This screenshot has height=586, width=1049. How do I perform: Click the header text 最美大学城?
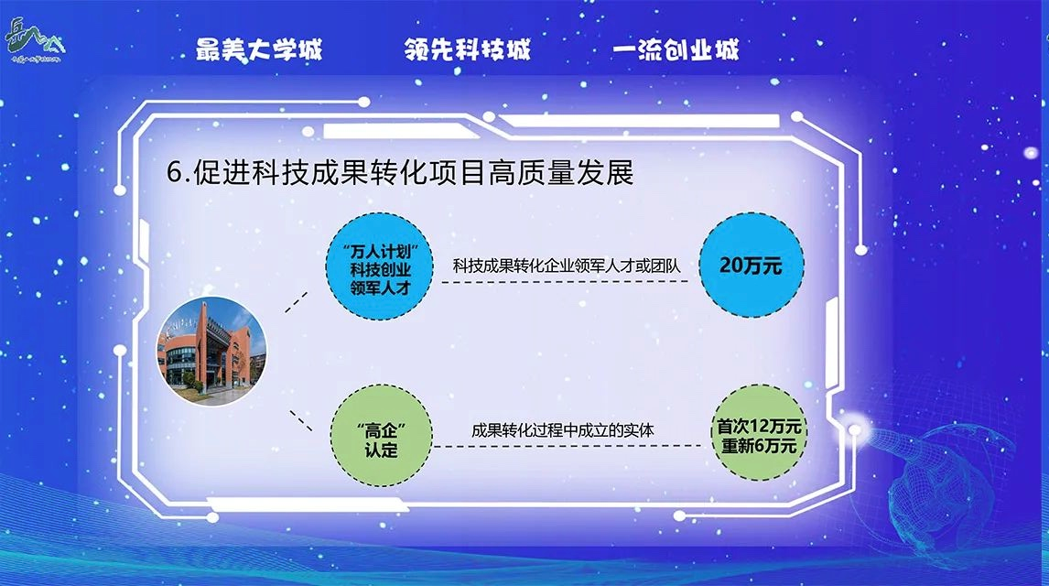259,49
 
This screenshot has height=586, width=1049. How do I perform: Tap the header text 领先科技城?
467,49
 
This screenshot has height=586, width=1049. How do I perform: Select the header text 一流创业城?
676,49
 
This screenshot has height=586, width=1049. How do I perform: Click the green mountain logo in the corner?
34,40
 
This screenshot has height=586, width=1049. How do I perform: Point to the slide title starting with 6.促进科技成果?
400,172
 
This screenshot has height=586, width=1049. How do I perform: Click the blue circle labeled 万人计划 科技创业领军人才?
380,266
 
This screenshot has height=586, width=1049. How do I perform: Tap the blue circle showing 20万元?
752,266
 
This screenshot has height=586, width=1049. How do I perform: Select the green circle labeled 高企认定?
382,436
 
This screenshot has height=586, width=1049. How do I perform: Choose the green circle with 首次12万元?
759,433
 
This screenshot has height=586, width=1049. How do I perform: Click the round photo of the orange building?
211,352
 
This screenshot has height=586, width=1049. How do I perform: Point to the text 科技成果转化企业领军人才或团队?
566,266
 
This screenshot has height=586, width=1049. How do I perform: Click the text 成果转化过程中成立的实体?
563,430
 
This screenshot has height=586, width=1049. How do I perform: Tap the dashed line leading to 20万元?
565,282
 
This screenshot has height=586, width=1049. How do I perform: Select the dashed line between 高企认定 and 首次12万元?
568,446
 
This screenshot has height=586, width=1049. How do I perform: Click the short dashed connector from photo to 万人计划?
296,302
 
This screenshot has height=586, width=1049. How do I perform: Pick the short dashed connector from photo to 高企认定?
301,421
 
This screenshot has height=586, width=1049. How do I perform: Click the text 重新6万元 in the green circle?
759,446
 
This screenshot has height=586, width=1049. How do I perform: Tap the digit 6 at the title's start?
174,173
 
